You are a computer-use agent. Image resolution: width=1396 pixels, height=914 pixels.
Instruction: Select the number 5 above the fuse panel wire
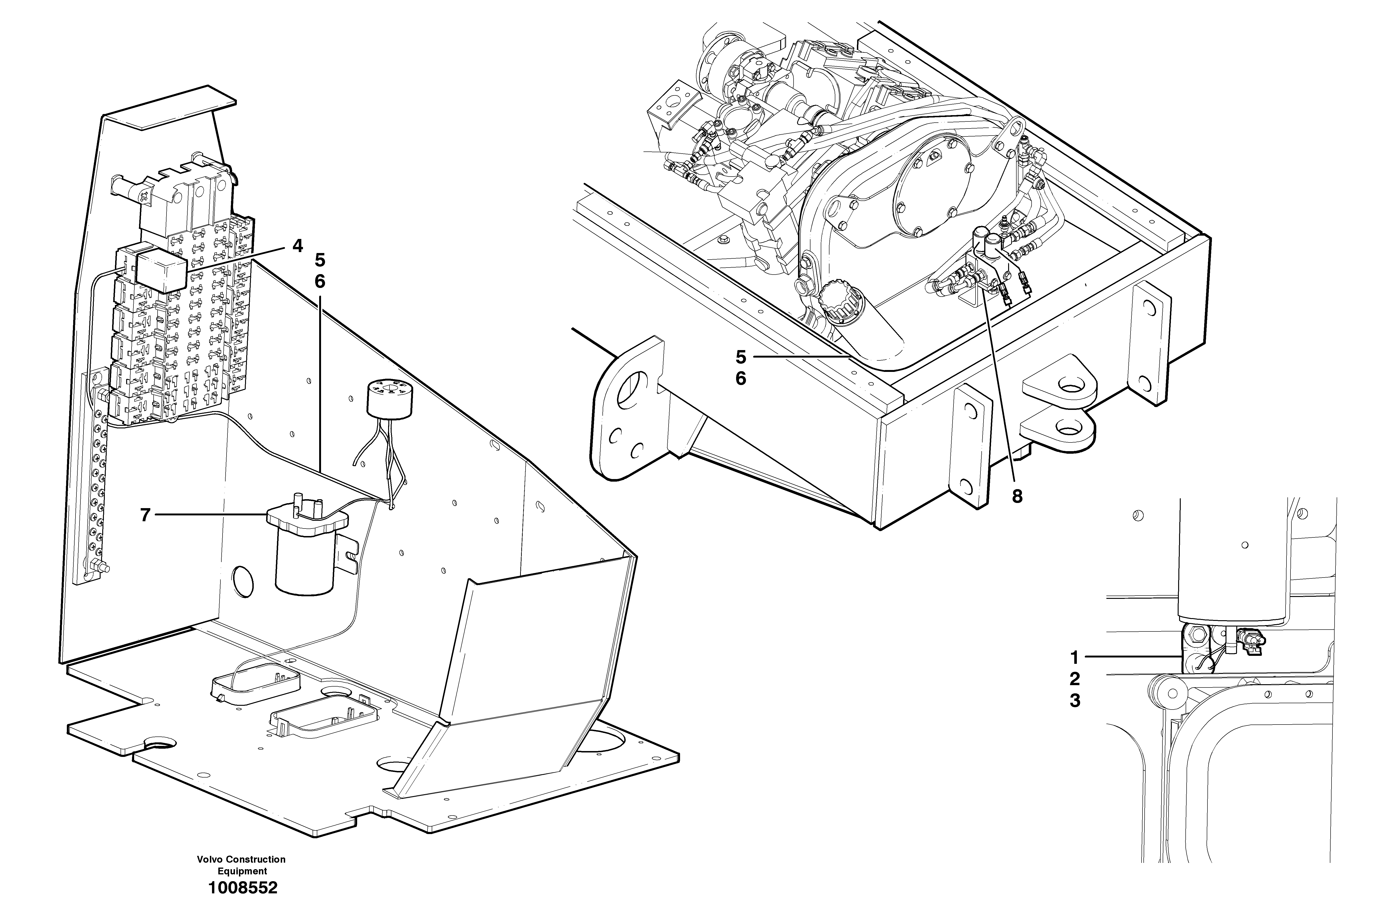(x=320, y=260)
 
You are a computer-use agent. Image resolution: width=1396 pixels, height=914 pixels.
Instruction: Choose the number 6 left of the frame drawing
(x=741, y=379)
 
